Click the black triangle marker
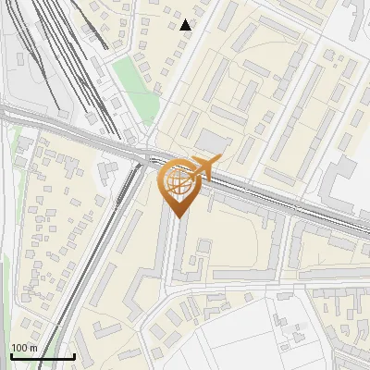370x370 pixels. [x=186, y=25]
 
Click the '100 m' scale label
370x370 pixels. [x=24, y=348]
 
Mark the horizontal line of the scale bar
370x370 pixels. [x=43, y=356]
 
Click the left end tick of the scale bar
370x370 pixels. [x=11, y=354]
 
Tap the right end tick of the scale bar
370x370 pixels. [x=74, y=354]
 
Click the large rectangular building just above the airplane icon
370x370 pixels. [x=215, y=142]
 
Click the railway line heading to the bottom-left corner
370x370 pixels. [x=74, y=296]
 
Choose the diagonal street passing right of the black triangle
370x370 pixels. [x=199, y=46]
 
